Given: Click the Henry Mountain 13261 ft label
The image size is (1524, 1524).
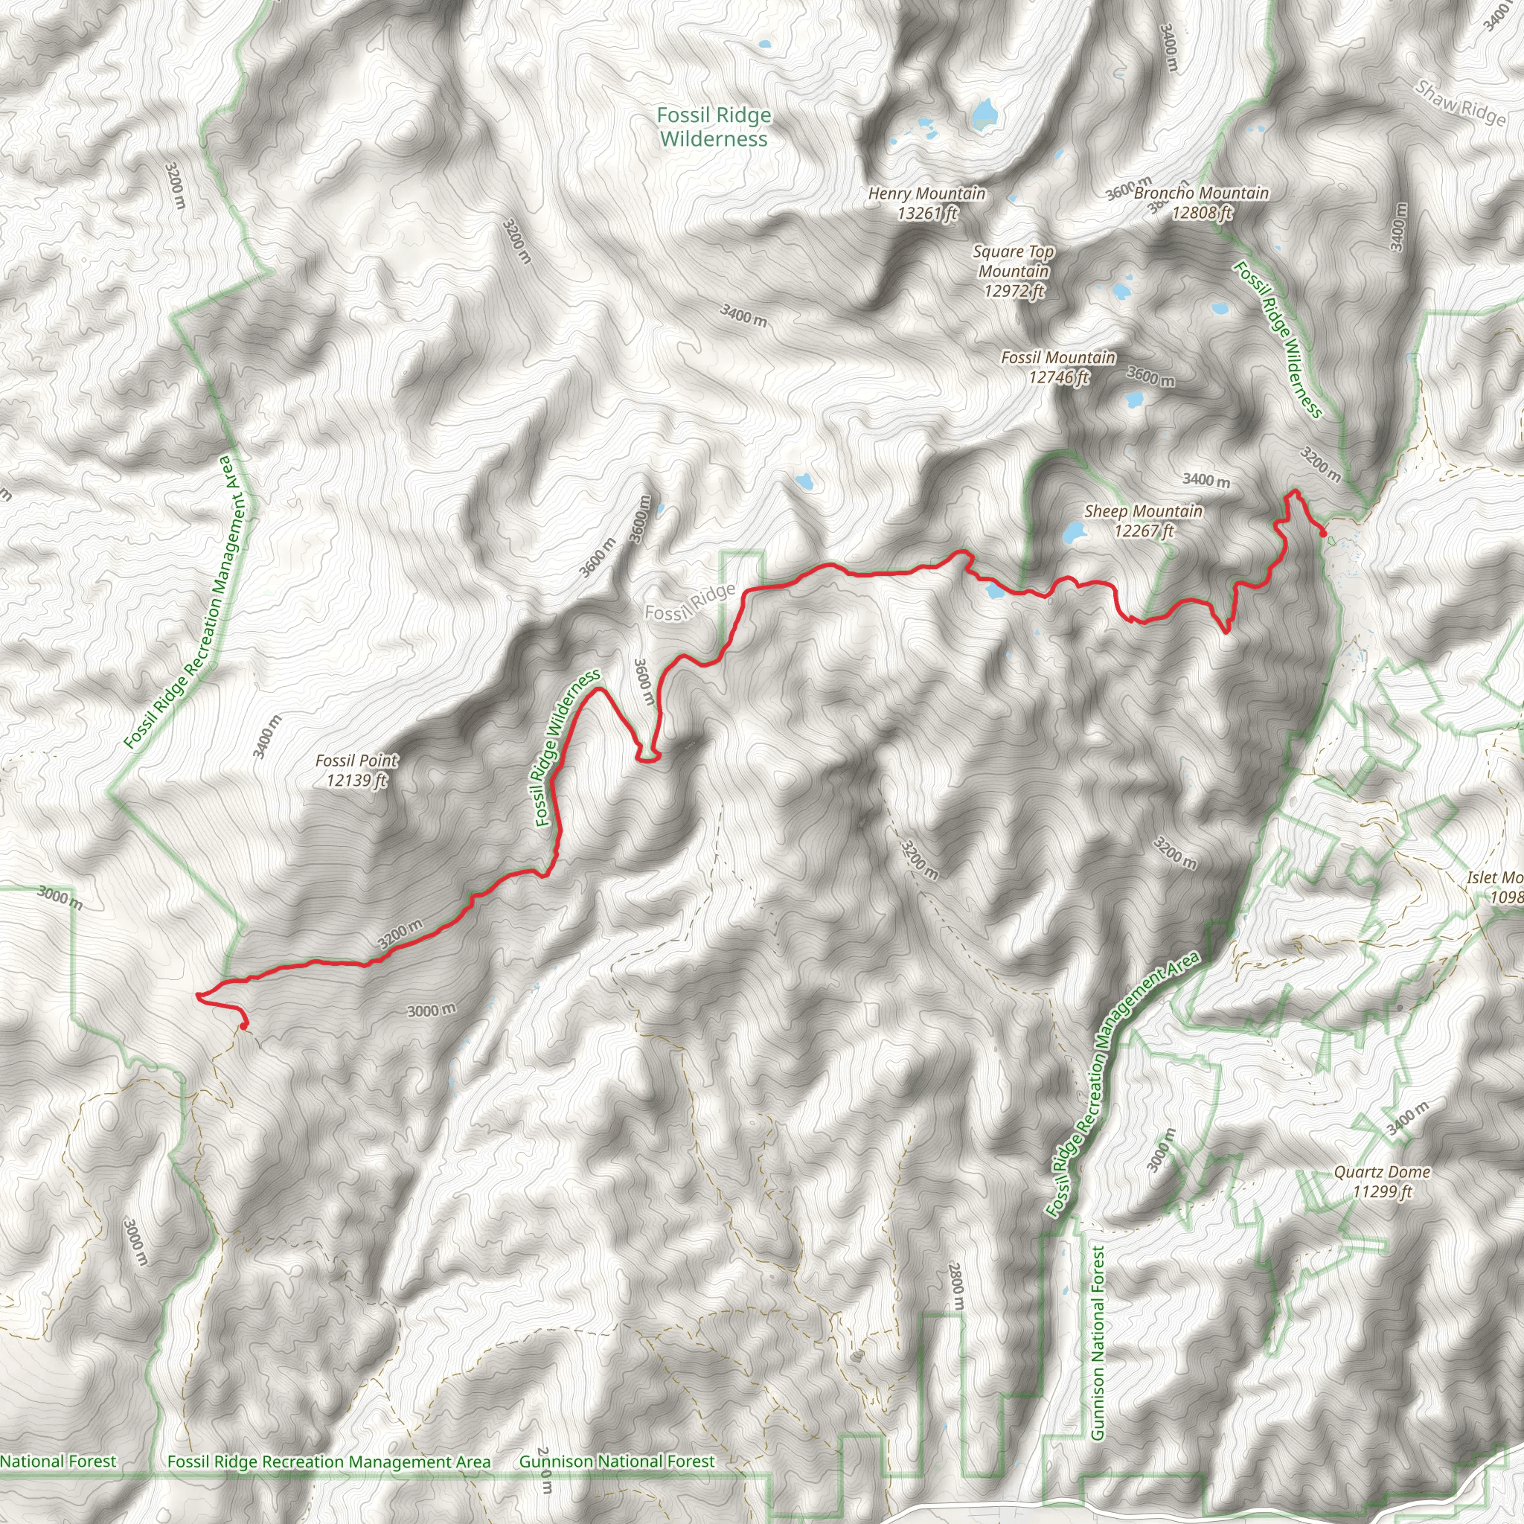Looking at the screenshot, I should click(927, 203).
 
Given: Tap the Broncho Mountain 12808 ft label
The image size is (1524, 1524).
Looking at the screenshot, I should click(1201, 202).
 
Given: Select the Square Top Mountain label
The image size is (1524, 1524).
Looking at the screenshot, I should click(1014, 272).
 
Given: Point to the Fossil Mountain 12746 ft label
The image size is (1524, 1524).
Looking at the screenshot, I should click(1058, 368).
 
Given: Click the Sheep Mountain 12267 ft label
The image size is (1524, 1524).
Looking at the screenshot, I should click(1143, 521).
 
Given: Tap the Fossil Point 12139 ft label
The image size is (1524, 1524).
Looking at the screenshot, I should click(356, 770).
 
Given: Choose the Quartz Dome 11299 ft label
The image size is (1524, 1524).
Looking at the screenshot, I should click(1382, 1182).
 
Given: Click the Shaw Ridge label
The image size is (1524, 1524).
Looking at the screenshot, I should click(1461, 103).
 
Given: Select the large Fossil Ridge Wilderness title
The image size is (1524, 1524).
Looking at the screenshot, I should click(714, 127).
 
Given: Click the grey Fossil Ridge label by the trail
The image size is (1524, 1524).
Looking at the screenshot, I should click(691, 603).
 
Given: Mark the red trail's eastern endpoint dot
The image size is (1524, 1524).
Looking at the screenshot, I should click(1323, 534).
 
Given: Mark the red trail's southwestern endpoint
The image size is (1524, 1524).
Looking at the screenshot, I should click(244, 1025).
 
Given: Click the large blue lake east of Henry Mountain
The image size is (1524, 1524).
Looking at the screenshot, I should click(984, 115).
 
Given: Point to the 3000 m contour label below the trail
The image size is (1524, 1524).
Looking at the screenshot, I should click(432, 1011).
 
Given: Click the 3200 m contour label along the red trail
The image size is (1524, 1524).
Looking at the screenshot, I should click(400, 934).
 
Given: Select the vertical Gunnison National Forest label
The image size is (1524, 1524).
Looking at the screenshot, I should click(1098, 1342).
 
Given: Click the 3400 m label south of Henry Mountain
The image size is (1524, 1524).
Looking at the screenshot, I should click(743, 315).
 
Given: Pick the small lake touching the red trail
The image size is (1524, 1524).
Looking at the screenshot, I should click(994, 589).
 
